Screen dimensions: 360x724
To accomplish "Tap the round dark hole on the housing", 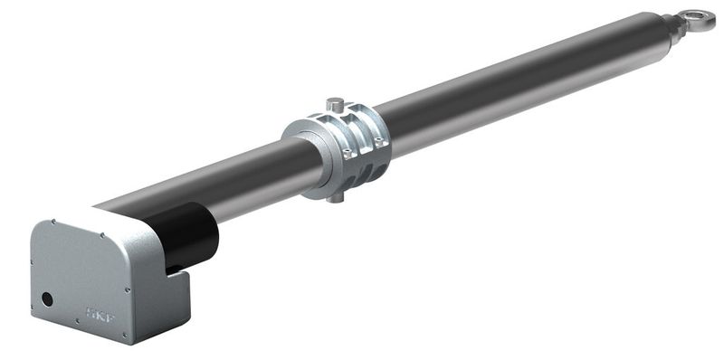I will tap(47, 298).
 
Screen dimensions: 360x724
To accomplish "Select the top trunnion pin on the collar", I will tap(335, 104).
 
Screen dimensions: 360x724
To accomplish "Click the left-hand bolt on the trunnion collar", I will tap(345, 154).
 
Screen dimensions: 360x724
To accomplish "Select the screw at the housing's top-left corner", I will tap(53, 223).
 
